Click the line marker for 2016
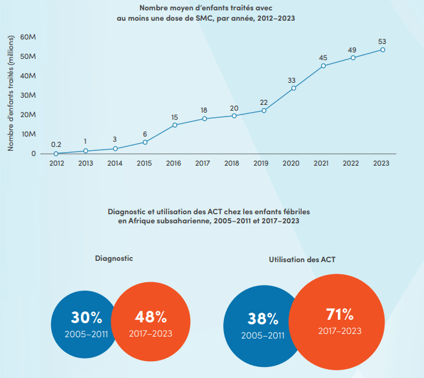pos(175,125)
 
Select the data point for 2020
pos(294,88)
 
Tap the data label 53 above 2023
pos(383,42)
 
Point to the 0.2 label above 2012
pos(56,144)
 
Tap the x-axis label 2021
pos(323,163)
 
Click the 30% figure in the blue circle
pos(86,318)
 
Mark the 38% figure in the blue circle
pos(262,319)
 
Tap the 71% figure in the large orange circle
pos(339,315)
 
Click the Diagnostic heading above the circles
pos(114,258)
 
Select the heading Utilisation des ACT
pos(302,260)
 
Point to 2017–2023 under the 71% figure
pos(339,331)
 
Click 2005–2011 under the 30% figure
pos(86,334)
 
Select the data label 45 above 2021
pos(323,58)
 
